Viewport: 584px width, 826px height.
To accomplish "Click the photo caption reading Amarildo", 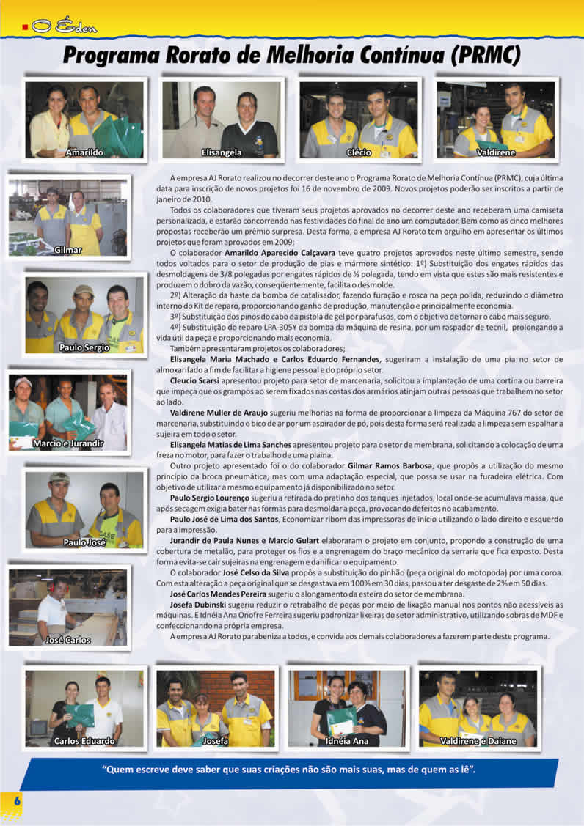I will tap(84, 152).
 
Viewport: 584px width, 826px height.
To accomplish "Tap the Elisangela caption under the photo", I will tap(222, 152).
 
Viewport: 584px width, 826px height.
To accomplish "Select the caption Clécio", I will tap(359, 152).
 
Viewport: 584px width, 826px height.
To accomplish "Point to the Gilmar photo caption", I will tap(67, 250).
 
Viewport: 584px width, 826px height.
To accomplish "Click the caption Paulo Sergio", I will tap(84, 347).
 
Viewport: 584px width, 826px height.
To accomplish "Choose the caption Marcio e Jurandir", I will tap(68, 443).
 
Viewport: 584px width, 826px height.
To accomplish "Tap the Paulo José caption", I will tap(84, 542).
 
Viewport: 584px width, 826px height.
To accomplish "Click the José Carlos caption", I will tap(68, 640).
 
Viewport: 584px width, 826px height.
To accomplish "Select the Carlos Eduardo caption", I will tap(84, 741).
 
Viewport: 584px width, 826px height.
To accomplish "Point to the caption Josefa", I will tap(216, 741).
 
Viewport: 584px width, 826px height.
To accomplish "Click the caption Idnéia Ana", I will tap(347, 741).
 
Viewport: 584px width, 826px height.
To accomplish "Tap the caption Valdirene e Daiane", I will tap(478, 741).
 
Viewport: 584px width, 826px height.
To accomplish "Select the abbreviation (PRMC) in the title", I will tap(485, 56).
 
